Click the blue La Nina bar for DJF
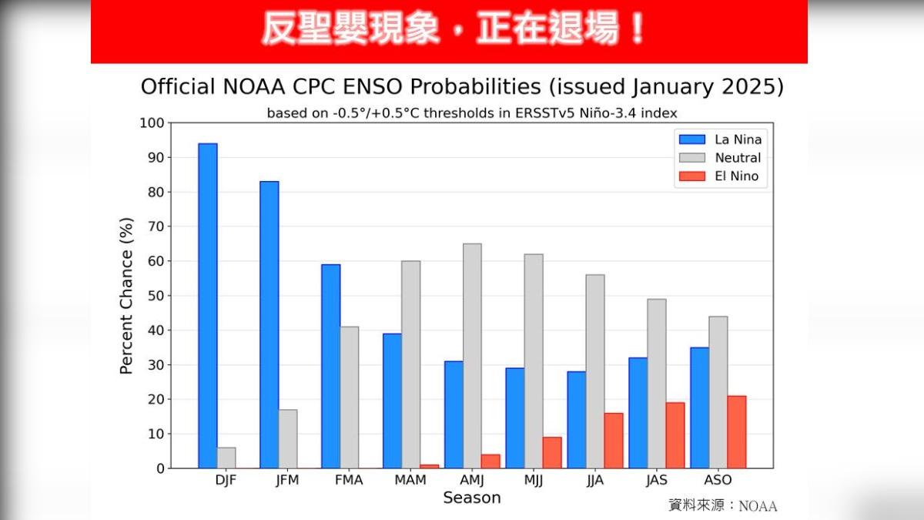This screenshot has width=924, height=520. click(208, 306)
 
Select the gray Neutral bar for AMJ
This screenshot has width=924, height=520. click(472, 356)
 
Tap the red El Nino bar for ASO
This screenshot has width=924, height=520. click(737, 432)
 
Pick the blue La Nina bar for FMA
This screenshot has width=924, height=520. click(331, 366)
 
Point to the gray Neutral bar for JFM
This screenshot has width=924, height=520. click(288, 439)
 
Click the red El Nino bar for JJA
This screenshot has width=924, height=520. click(614, 441)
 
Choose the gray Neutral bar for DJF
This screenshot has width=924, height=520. click(226, 458)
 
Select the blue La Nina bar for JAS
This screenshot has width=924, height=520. click(638, 413)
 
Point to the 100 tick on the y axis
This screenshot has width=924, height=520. click(152, 123)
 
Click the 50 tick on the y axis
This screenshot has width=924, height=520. click(156, 296)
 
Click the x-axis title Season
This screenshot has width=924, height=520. click(471, 498)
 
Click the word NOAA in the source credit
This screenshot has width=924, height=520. click(758, 506)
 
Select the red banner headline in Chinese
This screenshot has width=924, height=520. click(454, 30)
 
